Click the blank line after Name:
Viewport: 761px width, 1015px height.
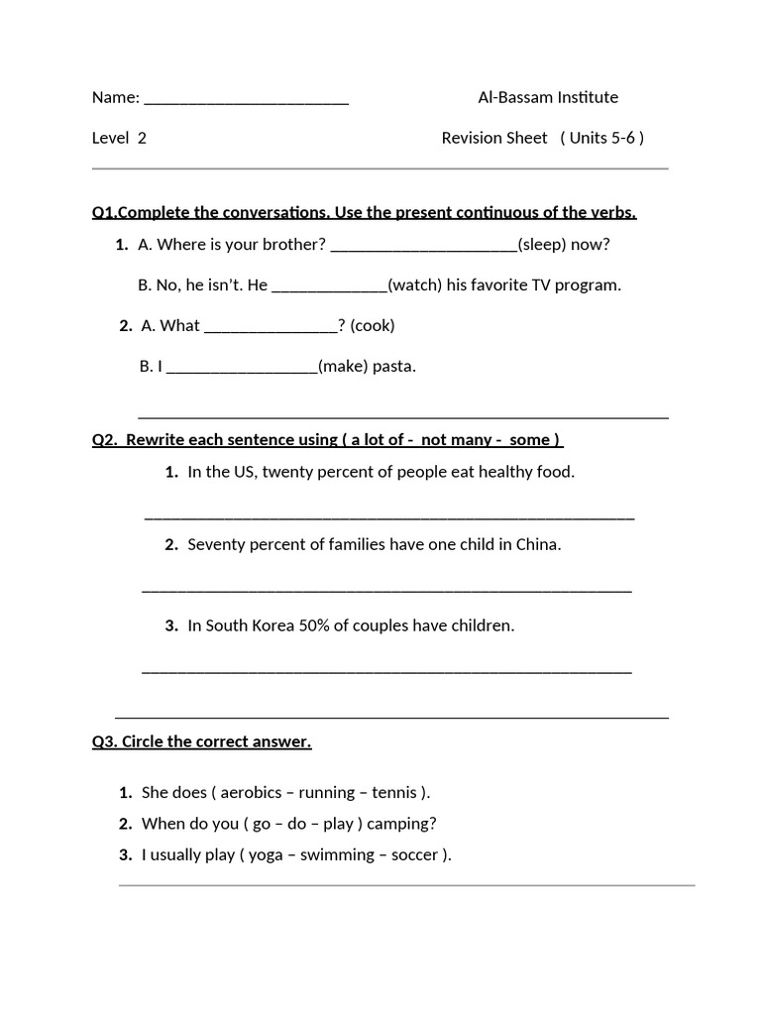(x=246, y=99)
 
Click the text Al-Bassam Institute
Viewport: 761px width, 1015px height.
(x=548, y=97)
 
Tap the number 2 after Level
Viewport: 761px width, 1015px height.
(x=142, y=138)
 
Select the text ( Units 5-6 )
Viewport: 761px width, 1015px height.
(x=601, y=138)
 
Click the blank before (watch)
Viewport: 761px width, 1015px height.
(x=329, y=286)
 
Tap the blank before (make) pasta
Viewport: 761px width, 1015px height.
(x=242, y=368)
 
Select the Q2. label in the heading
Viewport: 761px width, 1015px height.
(x=105, y=439)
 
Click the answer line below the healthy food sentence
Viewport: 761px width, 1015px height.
(x=389, y=516)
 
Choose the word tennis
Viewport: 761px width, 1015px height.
(x=394, y=792)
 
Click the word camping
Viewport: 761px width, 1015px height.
(x=401, y=823)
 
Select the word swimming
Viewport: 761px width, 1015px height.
(x=338, y=854)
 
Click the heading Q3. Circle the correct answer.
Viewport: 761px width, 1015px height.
(x=201, y=741)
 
